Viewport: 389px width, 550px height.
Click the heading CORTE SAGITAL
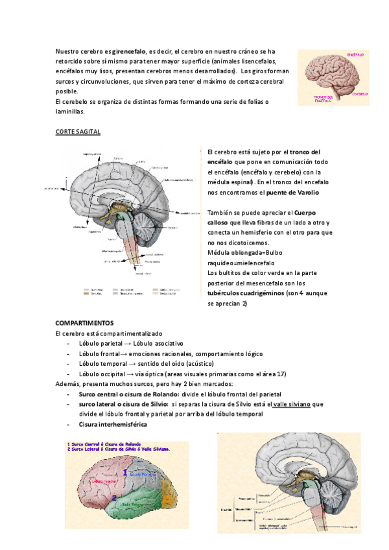click(x=78, y=132)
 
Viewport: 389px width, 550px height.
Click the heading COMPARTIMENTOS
click(x=84, y=322)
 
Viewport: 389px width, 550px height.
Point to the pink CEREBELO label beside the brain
click(x=360, y=93)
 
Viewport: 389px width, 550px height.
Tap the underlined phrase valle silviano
click(x=292, y=404)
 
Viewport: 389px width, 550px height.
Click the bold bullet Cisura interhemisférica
click(x=112, y=424)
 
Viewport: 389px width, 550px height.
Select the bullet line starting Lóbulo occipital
click(x=182, y=374)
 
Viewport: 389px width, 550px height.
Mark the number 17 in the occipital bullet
click(x=281, y=374)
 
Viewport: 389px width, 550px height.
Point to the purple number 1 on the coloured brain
click(x=126, y=474)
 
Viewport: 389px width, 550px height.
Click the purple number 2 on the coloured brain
click(x=115, y=498)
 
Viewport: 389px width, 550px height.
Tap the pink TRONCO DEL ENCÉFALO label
click(x=320, y=99)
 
